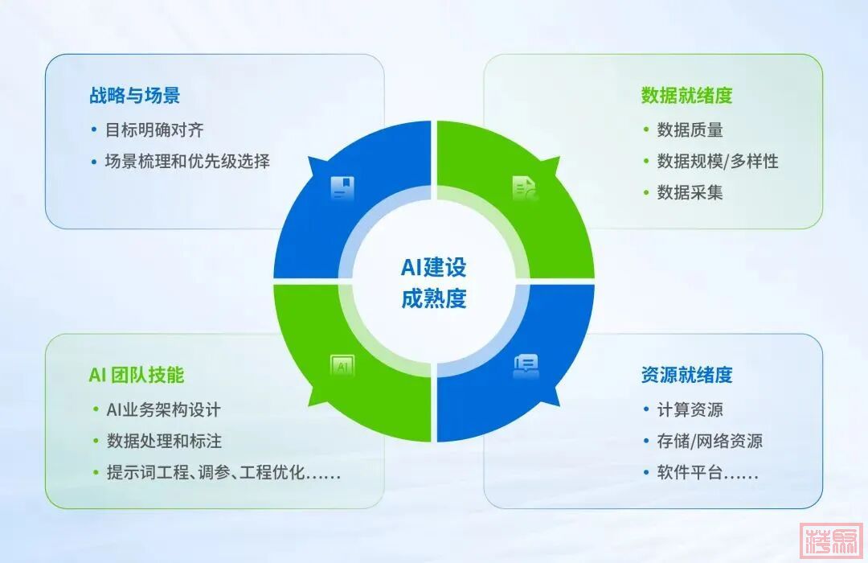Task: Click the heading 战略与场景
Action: [x=134, y=96]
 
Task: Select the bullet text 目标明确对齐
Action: [x=154, y=130]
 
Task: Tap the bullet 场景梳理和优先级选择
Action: [x=187, y=161]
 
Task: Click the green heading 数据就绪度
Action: [x=686, y=96]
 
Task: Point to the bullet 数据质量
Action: [x=690, y=130]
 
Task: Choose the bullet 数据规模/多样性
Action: [x=718, y=161]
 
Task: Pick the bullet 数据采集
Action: [x=690, y=192]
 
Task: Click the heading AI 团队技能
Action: [x=136, y=375]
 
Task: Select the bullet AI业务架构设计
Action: [x=164, y=410]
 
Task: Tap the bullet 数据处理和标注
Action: [x=164, y=441]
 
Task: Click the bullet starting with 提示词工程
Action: [x=223, y=473]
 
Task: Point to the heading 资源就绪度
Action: [x=686, y=375]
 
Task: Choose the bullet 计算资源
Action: [x=690, y=410]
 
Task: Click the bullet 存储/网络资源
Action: [x=710, y=441]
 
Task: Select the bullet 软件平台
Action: [x=707, y=473]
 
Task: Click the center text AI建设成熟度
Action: [x=433, y=282]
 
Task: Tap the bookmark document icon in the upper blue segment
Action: [x=342, y=188]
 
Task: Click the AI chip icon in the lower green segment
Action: [x=342, y=366]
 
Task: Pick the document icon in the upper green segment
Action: [x=525, y=188]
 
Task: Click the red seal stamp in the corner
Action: [x=831, y=541]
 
